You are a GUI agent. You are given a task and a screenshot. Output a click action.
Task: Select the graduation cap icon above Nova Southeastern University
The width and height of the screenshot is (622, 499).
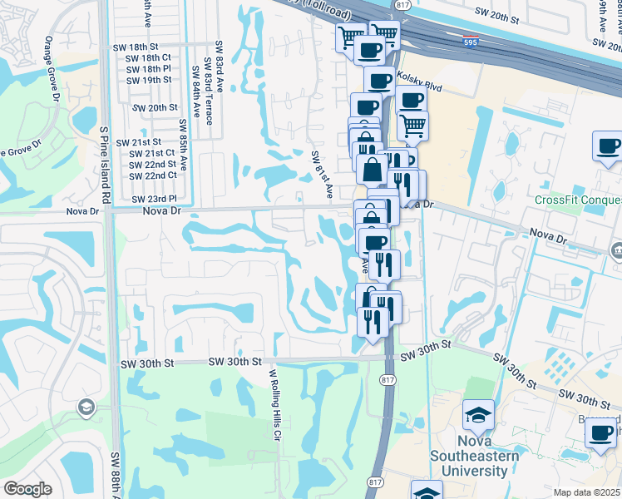pos(478,416)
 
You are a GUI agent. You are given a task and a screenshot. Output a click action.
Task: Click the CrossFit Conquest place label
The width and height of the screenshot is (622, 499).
pos(578,200)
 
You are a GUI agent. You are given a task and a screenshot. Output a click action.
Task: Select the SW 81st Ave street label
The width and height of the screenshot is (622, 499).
pos(322,173)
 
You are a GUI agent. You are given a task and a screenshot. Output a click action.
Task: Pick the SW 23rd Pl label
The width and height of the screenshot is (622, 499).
pos(154,200)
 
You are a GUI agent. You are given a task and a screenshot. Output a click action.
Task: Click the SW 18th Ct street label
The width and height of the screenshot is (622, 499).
pos(148,57)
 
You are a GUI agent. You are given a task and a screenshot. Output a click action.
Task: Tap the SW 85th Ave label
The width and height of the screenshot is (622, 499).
pos(183,142)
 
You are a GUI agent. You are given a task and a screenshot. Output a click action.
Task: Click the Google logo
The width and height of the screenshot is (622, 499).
pos(27,489)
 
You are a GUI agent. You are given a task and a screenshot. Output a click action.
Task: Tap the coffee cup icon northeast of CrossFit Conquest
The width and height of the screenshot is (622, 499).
pos(608,146)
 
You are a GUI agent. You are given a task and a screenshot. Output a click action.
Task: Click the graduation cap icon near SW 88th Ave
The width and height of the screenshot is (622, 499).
pos(86,407)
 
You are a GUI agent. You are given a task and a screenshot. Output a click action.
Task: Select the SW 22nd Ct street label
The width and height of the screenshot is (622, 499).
pos(153,175)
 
